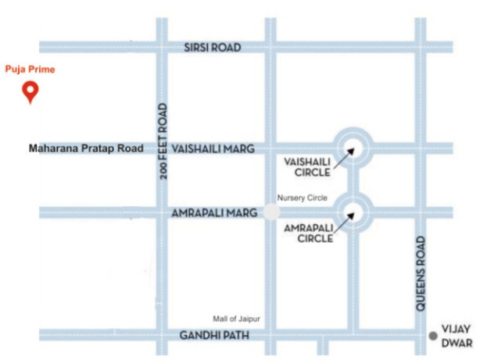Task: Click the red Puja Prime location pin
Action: point(30,92)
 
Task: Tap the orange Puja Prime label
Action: point(30,70)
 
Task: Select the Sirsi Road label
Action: point(213,48)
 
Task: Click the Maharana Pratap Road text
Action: point(86,148)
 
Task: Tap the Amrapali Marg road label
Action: point(210,212)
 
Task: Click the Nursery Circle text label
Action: point(302,198)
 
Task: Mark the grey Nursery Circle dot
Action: point(271,212)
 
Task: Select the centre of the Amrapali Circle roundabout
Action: point(352,211)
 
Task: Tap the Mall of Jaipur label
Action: point(236,319)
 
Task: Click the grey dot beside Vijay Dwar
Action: point(433,336)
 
